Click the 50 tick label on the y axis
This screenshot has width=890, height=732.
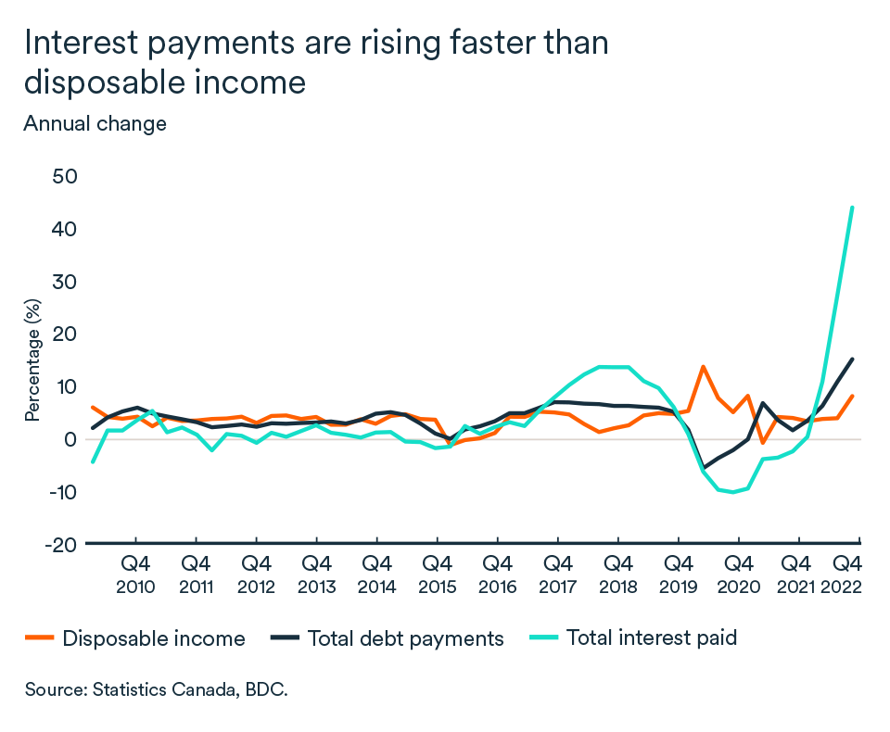64,176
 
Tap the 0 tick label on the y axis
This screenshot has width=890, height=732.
70,439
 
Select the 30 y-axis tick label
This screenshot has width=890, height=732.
64,282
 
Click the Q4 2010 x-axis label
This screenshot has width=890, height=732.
135,574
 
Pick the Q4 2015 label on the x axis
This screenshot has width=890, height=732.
437,574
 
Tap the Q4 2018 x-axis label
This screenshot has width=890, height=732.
617,574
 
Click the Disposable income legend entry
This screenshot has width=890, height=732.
153,638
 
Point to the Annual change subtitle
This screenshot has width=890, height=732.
95,123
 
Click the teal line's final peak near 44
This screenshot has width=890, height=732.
852,208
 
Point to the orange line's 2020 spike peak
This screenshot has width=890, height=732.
704,367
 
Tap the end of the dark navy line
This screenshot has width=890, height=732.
852,360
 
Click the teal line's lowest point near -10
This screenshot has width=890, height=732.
734,492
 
